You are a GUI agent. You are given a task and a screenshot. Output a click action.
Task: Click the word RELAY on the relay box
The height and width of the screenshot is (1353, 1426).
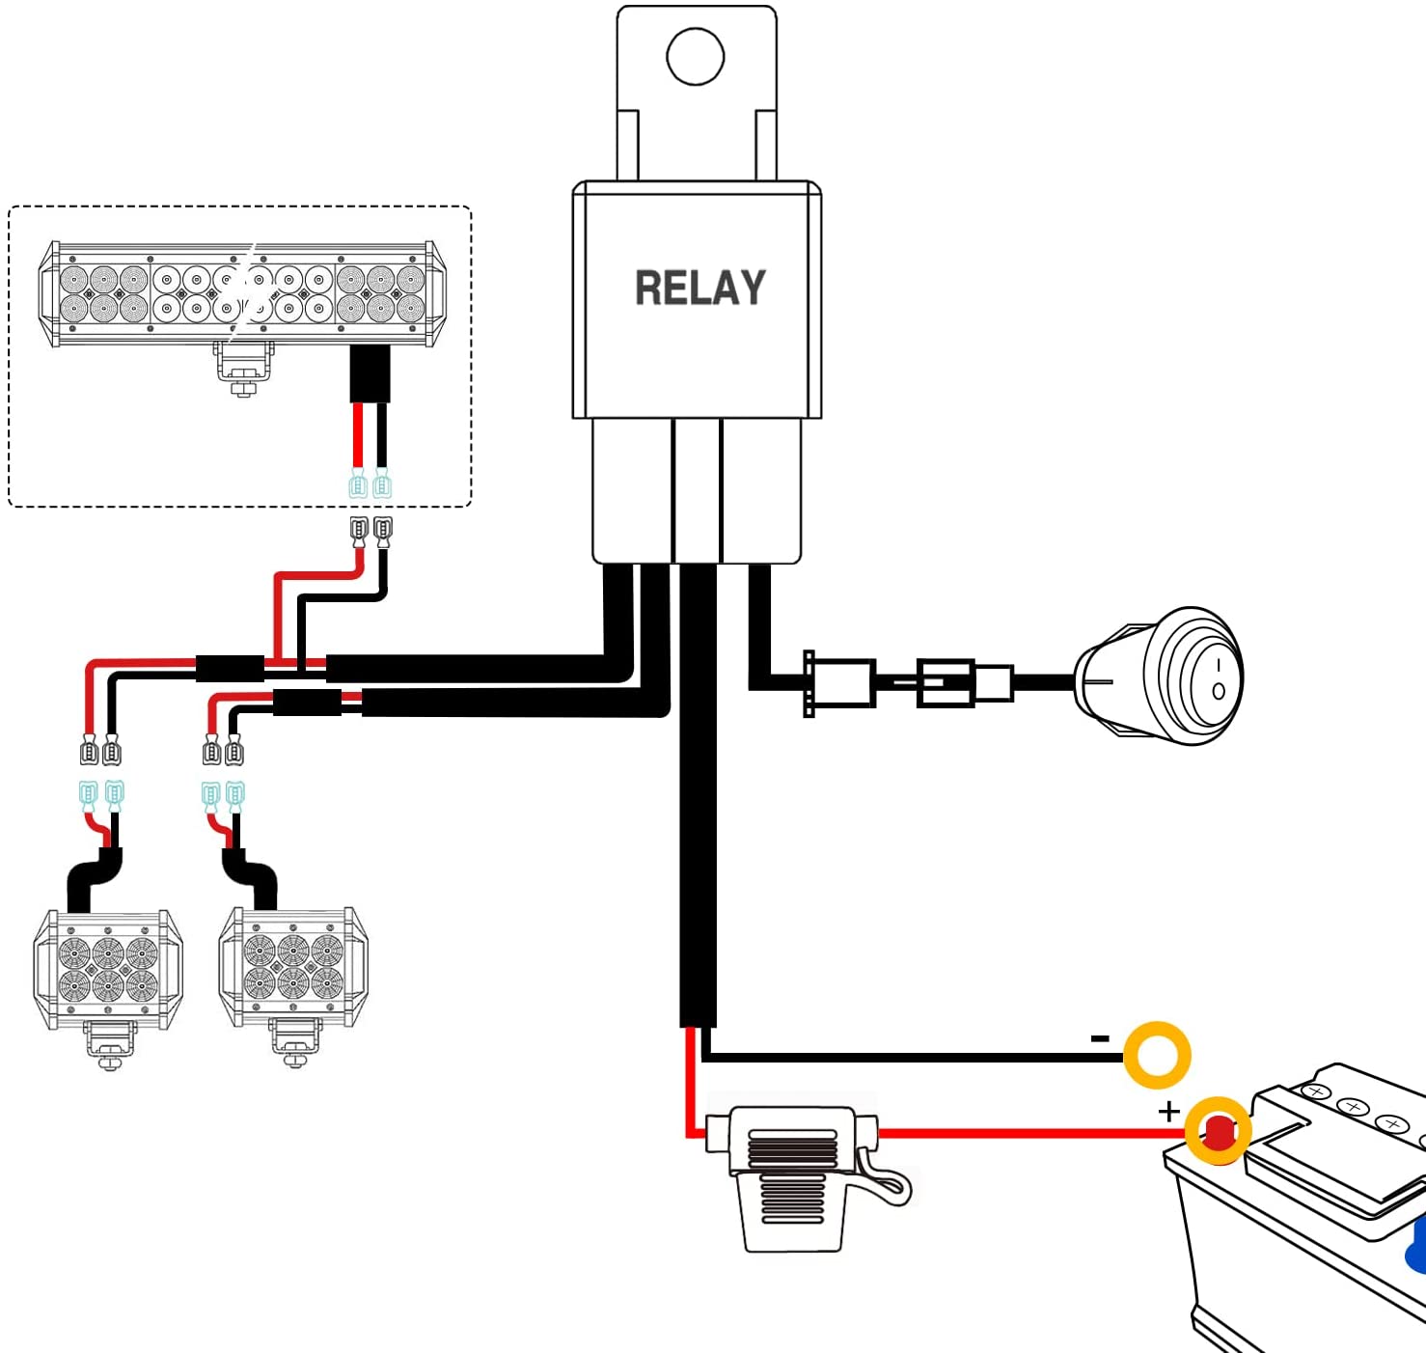pos(699,288)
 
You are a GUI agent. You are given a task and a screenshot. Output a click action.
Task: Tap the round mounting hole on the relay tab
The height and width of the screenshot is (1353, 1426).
pos(696,56)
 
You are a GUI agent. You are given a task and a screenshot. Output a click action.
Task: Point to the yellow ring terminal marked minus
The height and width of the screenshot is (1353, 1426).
pos(1157,1054)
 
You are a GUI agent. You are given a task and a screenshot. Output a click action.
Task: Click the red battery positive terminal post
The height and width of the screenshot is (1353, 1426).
pos(1220,1132)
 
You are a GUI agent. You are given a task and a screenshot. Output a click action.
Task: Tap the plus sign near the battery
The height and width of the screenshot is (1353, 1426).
pos(1169,1112)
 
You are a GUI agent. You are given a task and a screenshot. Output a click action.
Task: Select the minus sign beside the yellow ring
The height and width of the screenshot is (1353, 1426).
pos(1100,1039)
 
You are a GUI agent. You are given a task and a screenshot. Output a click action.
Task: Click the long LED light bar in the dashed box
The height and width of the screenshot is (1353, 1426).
pos(242,293)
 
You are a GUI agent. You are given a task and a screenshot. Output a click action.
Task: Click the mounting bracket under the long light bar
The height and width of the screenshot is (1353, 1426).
pos(243,368)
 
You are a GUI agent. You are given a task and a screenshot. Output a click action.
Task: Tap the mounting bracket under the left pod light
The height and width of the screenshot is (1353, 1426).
pos(109,1046)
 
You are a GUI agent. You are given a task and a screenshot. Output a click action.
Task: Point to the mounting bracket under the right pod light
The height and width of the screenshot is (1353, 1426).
pos(294,1042)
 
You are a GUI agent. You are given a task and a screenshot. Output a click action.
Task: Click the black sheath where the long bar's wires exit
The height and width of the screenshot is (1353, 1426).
pos(370,373)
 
